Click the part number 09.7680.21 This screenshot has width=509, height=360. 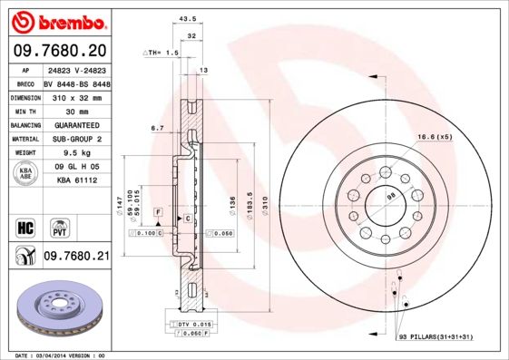(77, 258)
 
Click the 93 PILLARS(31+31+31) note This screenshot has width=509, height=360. (436, 337)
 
